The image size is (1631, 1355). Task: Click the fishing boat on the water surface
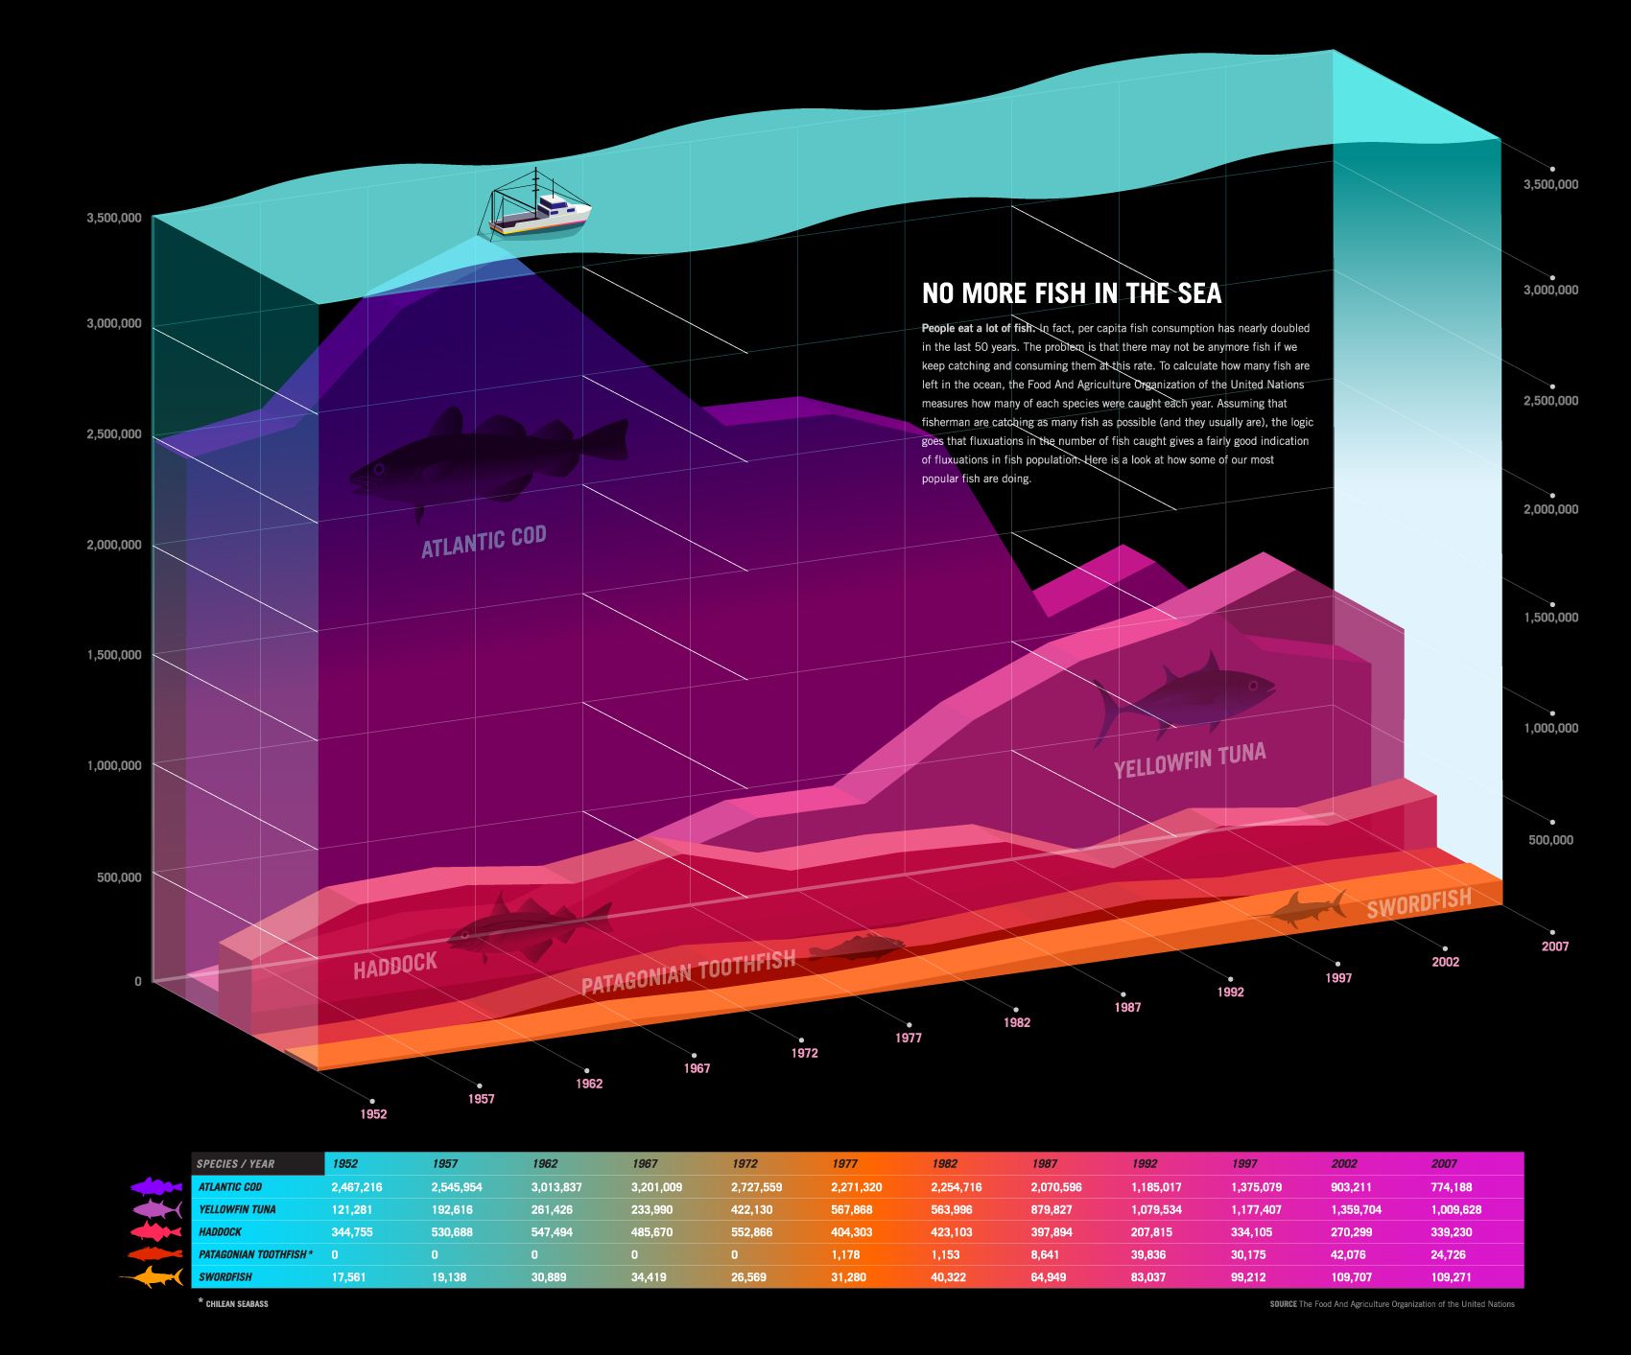click(538, 206)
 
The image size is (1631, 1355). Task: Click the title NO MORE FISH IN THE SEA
click(1072, 292)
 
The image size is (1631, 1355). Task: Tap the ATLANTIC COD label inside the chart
click(484, 541)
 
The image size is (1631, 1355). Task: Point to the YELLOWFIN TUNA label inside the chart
click(1190, 759)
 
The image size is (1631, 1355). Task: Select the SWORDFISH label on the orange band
click(1418, 903)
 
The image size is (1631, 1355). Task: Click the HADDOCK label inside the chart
click(395, 965)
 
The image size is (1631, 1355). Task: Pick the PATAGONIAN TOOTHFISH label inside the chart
click(688, 971)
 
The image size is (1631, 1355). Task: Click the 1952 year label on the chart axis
click(373, 1114)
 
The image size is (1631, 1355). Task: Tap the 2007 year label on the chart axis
click(1555, 946)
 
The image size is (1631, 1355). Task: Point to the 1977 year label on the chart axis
click(909, 1038)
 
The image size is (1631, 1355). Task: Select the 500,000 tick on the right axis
click(1550, 840)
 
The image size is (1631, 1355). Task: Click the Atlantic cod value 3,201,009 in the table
click(656, 1187)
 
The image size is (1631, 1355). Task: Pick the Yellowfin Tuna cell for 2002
click(1357, 1209)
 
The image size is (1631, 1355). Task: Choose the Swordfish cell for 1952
click(348, 1277)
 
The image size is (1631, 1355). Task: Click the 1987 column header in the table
click(1045, 1164)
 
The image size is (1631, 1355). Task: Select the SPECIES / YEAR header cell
click(236, 1164)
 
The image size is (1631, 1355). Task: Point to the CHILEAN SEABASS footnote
click(236, 1304)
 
